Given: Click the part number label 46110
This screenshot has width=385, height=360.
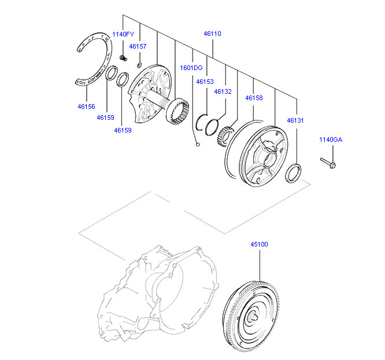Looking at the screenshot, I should pyautogui.click(x=213, y=34).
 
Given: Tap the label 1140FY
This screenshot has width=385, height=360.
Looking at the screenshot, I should pyautogui.click(x=123, y=34).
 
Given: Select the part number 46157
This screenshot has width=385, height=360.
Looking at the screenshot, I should pyautogui.click(x=138, y=46).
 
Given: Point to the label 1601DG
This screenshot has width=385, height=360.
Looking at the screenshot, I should pyautogui.click(x=191, y=68).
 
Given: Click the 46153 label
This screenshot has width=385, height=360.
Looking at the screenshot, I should pyautogui.click(x=205, y=82).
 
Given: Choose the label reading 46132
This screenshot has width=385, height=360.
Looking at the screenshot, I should pyautogui.click(x=223, y=91).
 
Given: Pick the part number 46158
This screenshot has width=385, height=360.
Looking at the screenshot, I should pyautogui.click(x=254, y=98).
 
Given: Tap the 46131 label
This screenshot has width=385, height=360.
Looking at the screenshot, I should pyautogui.click(x=295, y=120).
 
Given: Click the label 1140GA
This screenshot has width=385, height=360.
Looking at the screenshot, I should pyautogui.click(x=331, y=139).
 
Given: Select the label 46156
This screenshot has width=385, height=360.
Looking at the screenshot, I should pyautogui.click(x=86, y=106).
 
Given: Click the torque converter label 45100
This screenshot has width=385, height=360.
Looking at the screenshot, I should pyautogui.click(x=260, y=244).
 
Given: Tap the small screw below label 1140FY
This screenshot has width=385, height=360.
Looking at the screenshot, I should pyautogui.click(x=123, y=57).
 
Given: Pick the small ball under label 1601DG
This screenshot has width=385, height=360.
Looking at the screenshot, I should pyautogui.click(x=198, y=144).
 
